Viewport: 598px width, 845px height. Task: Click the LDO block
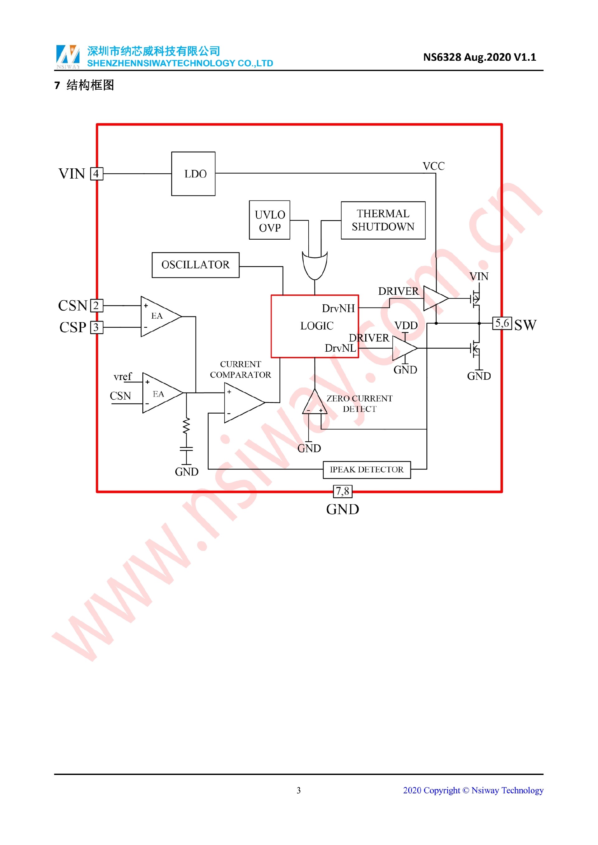click(193, 174)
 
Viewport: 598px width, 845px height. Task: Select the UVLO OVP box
click(269, 220)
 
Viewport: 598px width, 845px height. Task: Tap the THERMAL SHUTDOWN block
click(383, 220)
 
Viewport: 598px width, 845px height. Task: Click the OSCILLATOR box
click(196, 265)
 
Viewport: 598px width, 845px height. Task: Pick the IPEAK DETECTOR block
click(367, 470)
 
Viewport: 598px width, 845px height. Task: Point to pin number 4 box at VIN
click(97, 174)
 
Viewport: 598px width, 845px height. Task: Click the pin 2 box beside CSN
click(97, 305)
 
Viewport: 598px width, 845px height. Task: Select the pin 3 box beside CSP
click(97, 327)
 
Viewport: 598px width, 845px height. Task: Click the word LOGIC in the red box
click(317, 326)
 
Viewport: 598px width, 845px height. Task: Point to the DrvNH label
click(338, 308)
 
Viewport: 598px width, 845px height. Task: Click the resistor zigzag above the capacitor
click(186, 426)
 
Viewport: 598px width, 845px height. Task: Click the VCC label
click(434, 166)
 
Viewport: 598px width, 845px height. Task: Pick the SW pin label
click(525, 325)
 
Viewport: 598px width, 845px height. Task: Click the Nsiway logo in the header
click(68, 56)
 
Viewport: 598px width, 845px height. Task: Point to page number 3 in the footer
click(299, 790)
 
